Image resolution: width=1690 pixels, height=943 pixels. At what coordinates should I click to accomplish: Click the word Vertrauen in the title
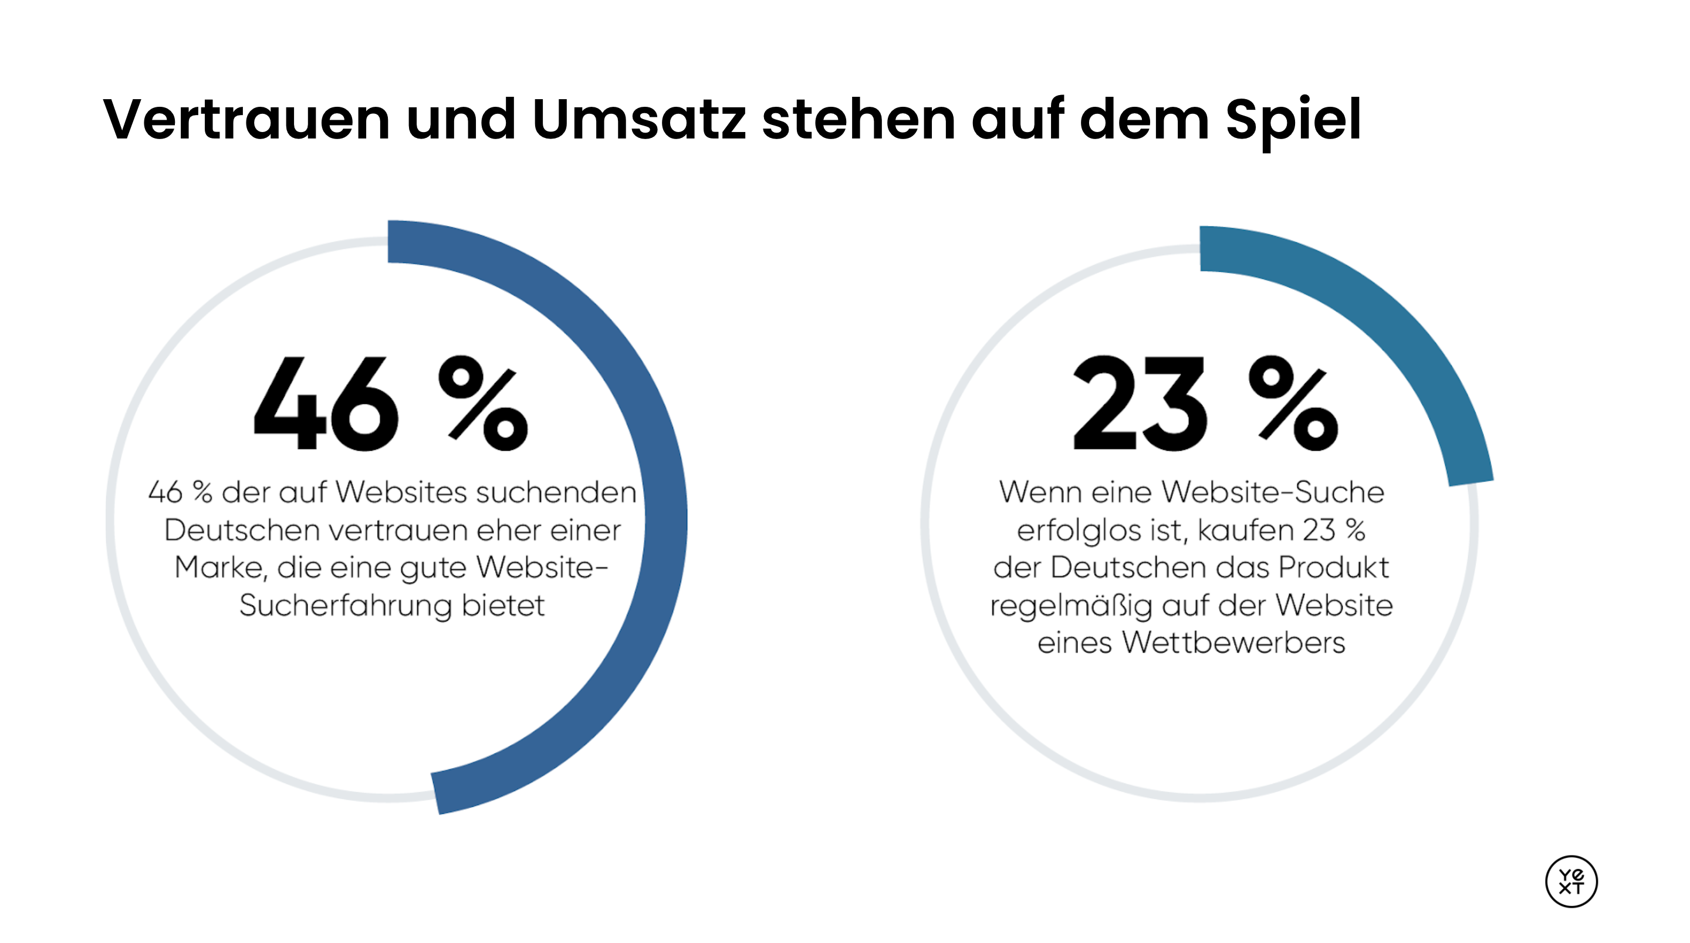(246, 120)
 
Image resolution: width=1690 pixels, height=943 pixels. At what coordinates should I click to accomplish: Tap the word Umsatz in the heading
(639, 120)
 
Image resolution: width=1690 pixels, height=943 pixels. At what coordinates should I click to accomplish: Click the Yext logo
(1571, 881)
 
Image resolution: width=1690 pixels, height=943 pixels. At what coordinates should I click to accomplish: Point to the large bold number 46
(326, 403)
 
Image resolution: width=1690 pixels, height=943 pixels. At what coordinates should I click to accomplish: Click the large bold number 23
(1139, 403)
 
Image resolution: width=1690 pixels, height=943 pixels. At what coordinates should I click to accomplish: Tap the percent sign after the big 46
(483, 403)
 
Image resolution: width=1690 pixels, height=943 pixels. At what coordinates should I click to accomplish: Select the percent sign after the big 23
(1293, 403)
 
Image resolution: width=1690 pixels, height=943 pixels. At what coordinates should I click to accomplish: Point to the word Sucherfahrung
(345, 606)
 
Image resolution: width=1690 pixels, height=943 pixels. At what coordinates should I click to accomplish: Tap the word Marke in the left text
(221, 567)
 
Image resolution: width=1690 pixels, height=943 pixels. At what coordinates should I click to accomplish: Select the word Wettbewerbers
(1233, 643)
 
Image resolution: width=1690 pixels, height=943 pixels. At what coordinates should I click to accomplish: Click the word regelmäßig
(1071, 606)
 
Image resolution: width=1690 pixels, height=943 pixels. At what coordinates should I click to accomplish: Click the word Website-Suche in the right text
(1276, 492)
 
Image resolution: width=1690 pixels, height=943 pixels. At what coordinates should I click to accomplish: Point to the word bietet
(503, 606)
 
